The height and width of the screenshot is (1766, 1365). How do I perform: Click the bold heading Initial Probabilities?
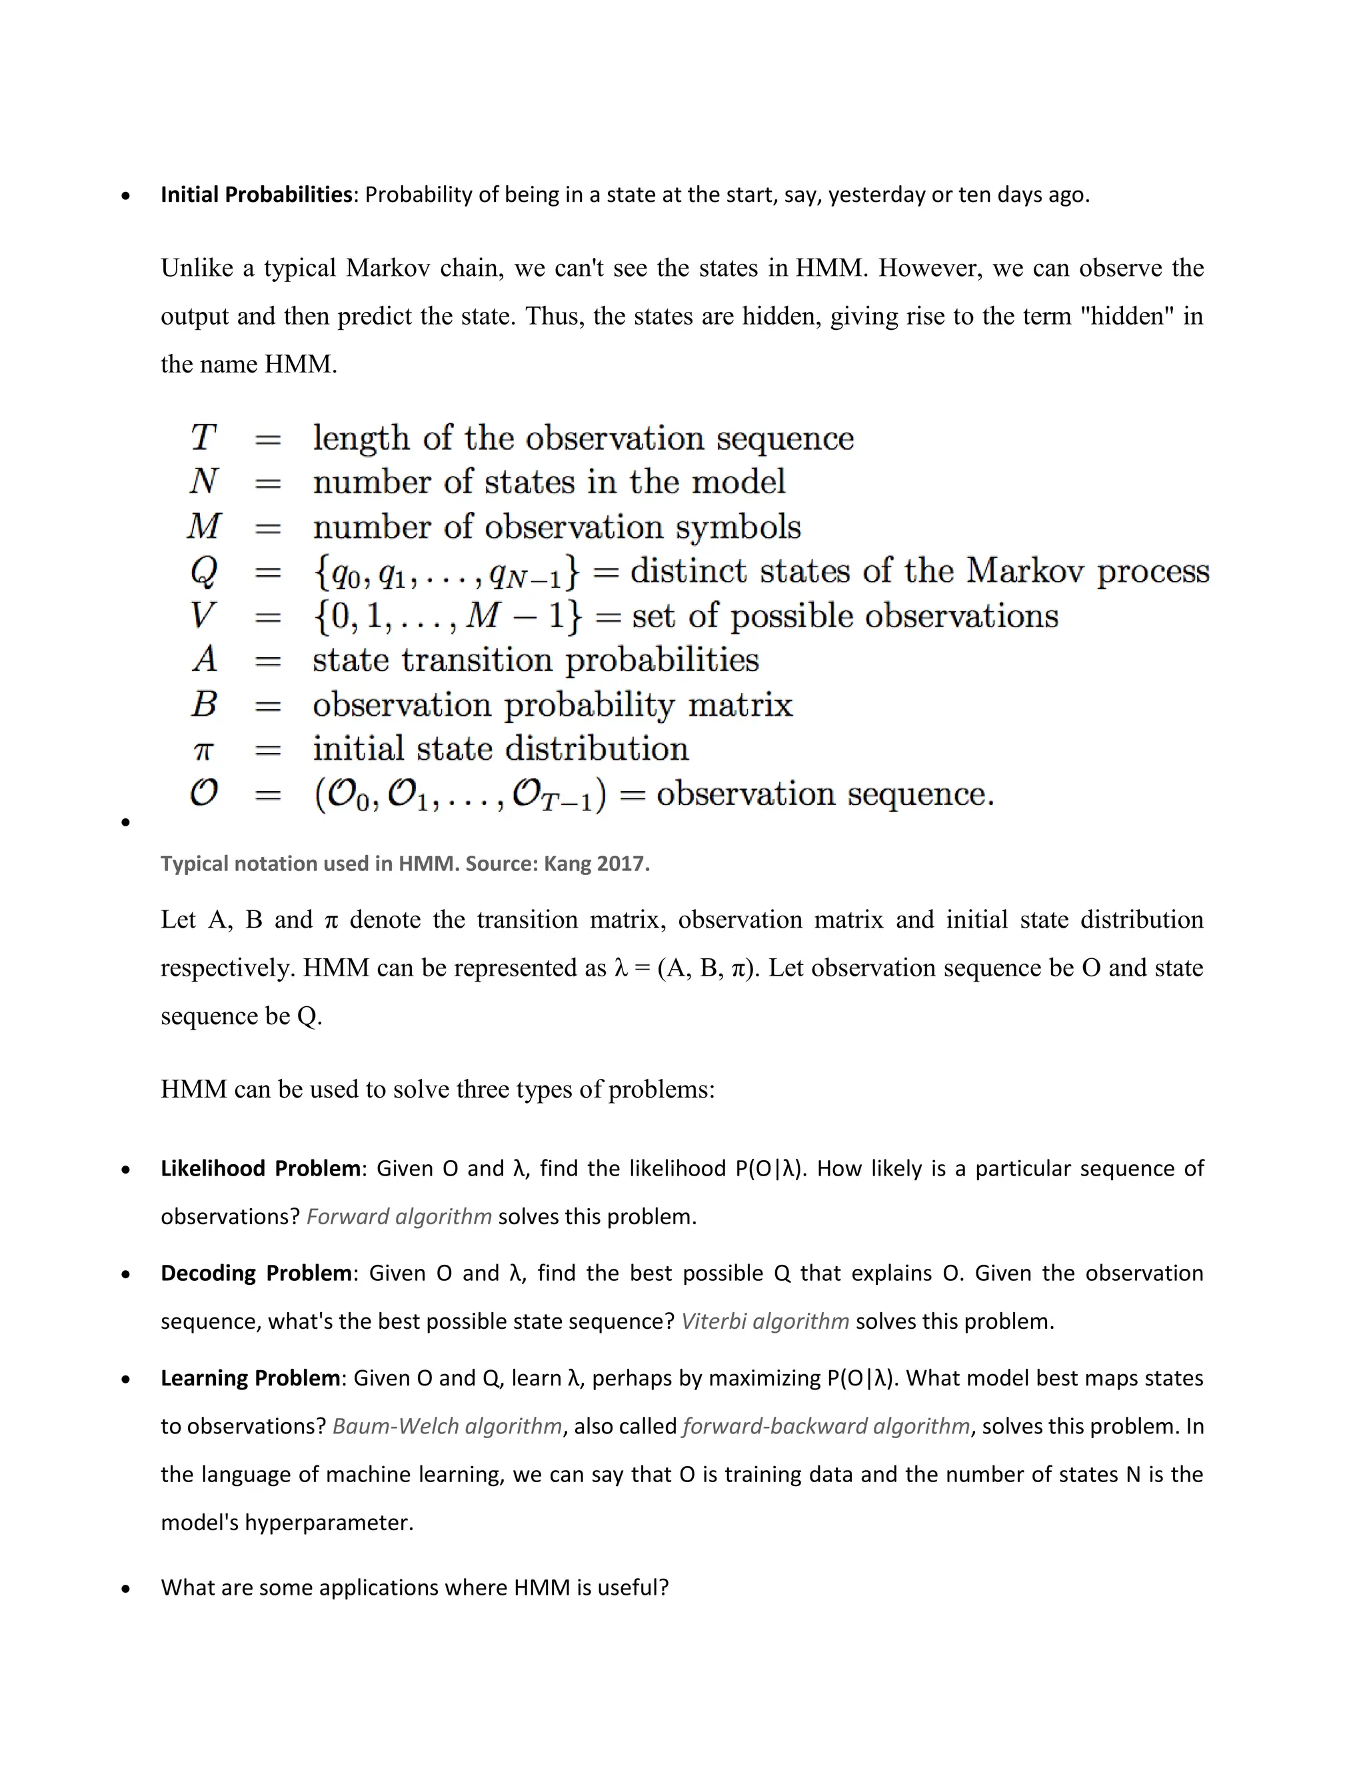[255, 195]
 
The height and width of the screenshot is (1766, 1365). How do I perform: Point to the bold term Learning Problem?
[250, 1378]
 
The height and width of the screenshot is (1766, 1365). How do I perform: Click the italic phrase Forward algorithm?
[399, 1216]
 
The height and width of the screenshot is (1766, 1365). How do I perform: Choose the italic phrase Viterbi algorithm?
[765, 1322]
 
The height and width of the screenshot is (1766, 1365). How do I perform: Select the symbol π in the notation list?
[203, 750]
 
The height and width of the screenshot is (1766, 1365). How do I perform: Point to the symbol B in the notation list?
[204, 704]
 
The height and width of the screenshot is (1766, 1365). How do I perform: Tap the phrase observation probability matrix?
[553, 705]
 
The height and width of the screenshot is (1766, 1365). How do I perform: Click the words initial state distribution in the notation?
[501, 749]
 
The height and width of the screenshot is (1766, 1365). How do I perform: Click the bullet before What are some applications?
[125, 1588]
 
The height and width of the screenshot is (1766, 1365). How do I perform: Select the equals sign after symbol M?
[268, 528]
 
